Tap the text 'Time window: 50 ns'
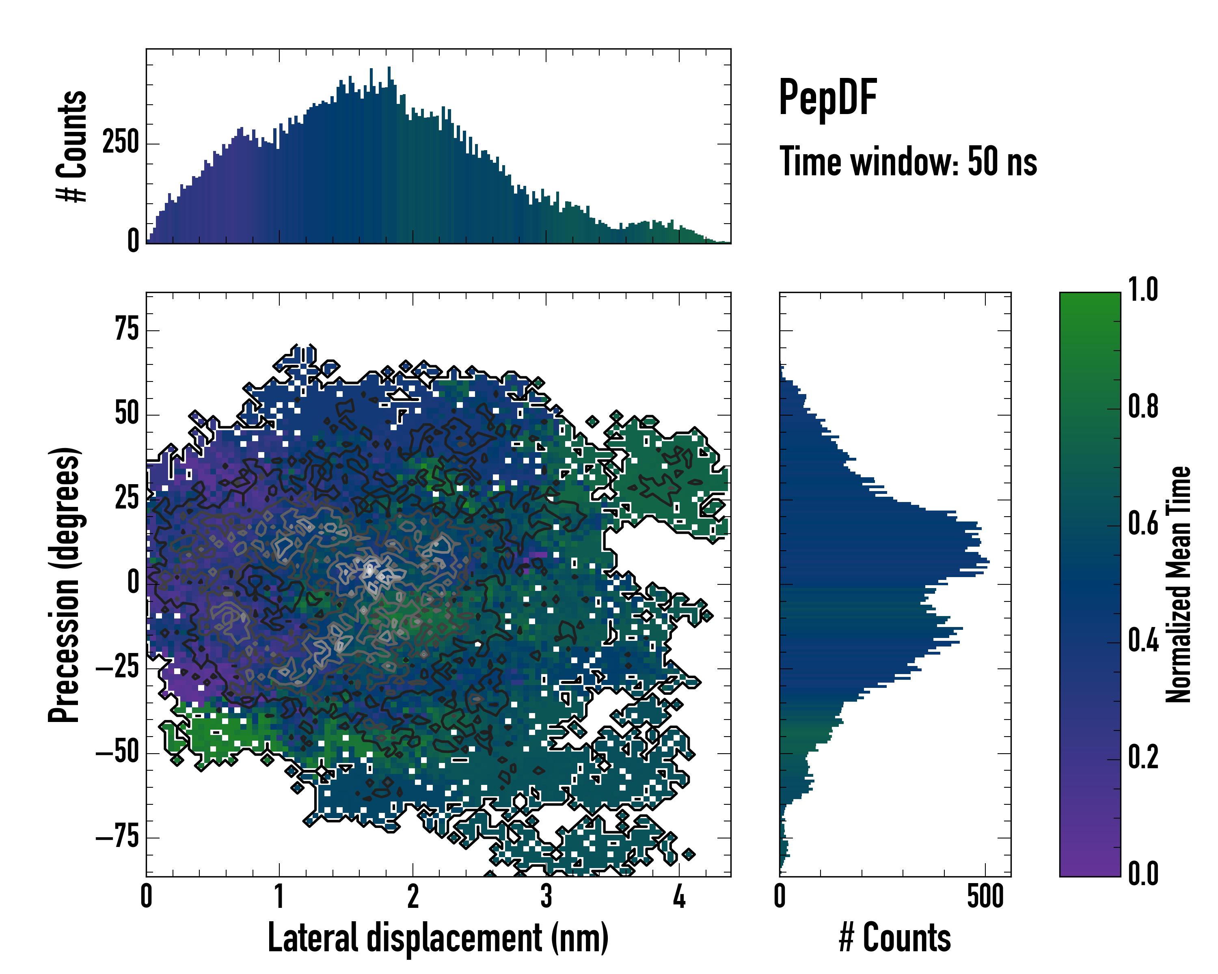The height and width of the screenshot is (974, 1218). (x=908, y=162)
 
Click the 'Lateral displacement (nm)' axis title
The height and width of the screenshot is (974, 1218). (x=438, y=937)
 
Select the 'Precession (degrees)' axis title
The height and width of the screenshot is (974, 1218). (x=63, y=584)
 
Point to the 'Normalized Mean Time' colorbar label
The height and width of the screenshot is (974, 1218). (x=1178, y=584)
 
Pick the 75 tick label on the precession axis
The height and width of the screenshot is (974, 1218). (x=127, y=329)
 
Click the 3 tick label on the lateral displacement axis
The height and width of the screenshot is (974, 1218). (x=546, y=896)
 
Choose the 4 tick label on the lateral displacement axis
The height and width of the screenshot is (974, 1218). (x=679, y=896)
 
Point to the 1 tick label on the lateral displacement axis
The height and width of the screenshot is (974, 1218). (x=279, y=896)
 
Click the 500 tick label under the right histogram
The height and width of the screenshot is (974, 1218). (x=985, y=896)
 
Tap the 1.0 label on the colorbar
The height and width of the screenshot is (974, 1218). (x=1143, y=290)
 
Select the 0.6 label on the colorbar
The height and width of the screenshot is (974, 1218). (x=1143, y=524)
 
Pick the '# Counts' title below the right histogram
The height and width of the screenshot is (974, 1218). (x=895, y=937)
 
